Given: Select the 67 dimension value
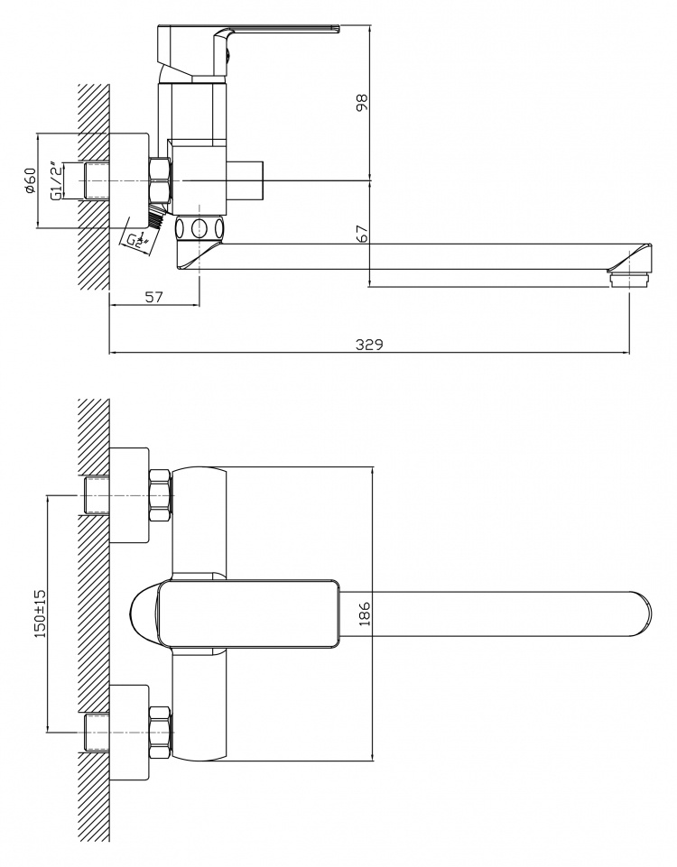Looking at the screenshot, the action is coord(362,234).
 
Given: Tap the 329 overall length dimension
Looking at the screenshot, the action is coord(369,345).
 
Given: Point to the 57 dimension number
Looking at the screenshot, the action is coord(154,297).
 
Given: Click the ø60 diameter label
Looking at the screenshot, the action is coord(30,180).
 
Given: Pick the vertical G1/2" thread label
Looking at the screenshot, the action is coord(55,180).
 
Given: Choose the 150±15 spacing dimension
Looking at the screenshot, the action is coord(41,613).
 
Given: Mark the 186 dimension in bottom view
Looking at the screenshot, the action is coord(364,613).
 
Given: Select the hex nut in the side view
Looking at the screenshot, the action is coord(160,180).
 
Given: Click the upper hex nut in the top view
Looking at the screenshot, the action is coord(161,496).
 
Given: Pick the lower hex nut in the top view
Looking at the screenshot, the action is coord(161,733).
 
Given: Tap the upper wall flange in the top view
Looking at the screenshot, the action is coord(129,495).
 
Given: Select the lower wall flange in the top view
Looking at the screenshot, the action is coord(129,733).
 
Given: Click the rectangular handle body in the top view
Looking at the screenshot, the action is coord(248,613).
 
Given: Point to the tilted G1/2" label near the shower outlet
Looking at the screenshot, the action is coord(136,241).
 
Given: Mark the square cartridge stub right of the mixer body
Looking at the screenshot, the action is coord(247,180).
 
